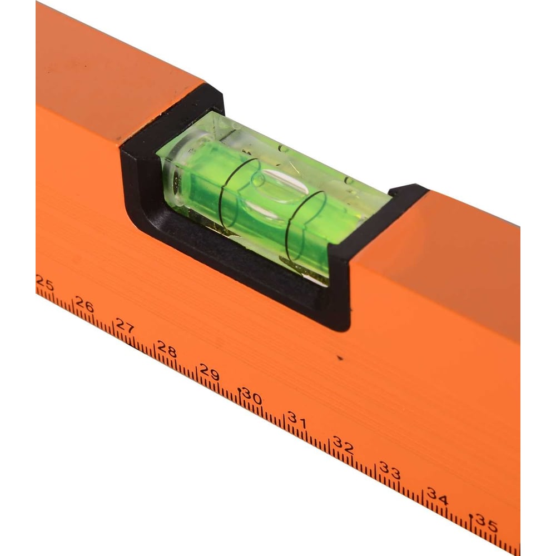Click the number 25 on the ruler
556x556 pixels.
coord(45,284)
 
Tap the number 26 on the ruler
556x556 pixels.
coord(85,305)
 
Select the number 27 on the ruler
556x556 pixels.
coord(125,325)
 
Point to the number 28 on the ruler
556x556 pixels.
coord(167,349)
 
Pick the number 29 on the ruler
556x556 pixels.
coord(210,372)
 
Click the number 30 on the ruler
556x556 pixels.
coord(252,396)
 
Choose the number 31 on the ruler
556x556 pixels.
coord(297,419)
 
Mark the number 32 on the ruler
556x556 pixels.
coord(343,445)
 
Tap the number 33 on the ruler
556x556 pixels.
coord(390,470)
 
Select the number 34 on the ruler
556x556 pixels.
coord(438,496)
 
